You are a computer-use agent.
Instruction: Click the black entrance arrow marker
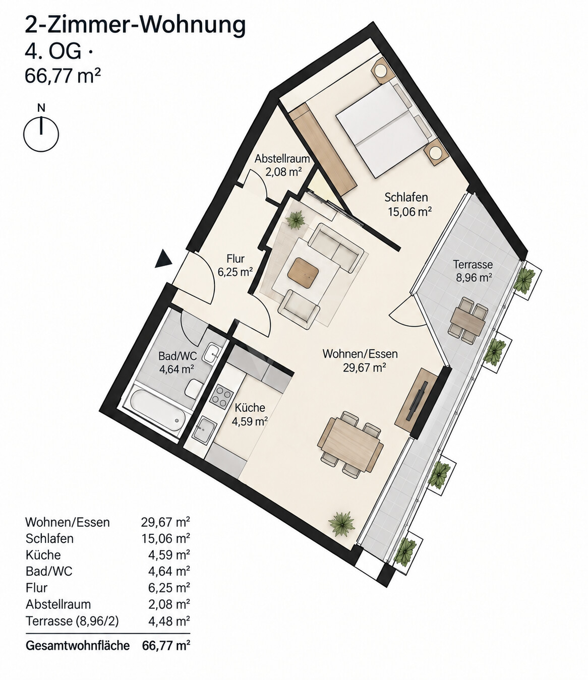coord(163,259)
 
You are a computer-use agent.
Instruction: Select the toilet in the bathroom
coord(194,389)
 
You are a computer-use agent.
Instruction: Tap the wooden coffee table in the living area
coord(303,273)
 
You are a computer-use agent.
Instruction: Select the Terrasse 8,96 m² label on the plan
coord(473,271)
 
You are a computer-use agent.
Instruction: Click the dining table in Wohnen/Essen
coord(350,443)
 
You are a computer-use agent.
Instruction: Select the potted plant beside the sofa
coord(296,219)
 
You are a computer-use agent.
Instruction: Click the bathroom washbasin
coord(213,353)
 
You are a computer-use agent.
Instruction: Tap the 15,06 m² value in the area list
coord(166,538)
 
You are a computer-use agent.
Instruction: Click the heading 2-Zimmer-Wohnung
coord(135,25)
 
